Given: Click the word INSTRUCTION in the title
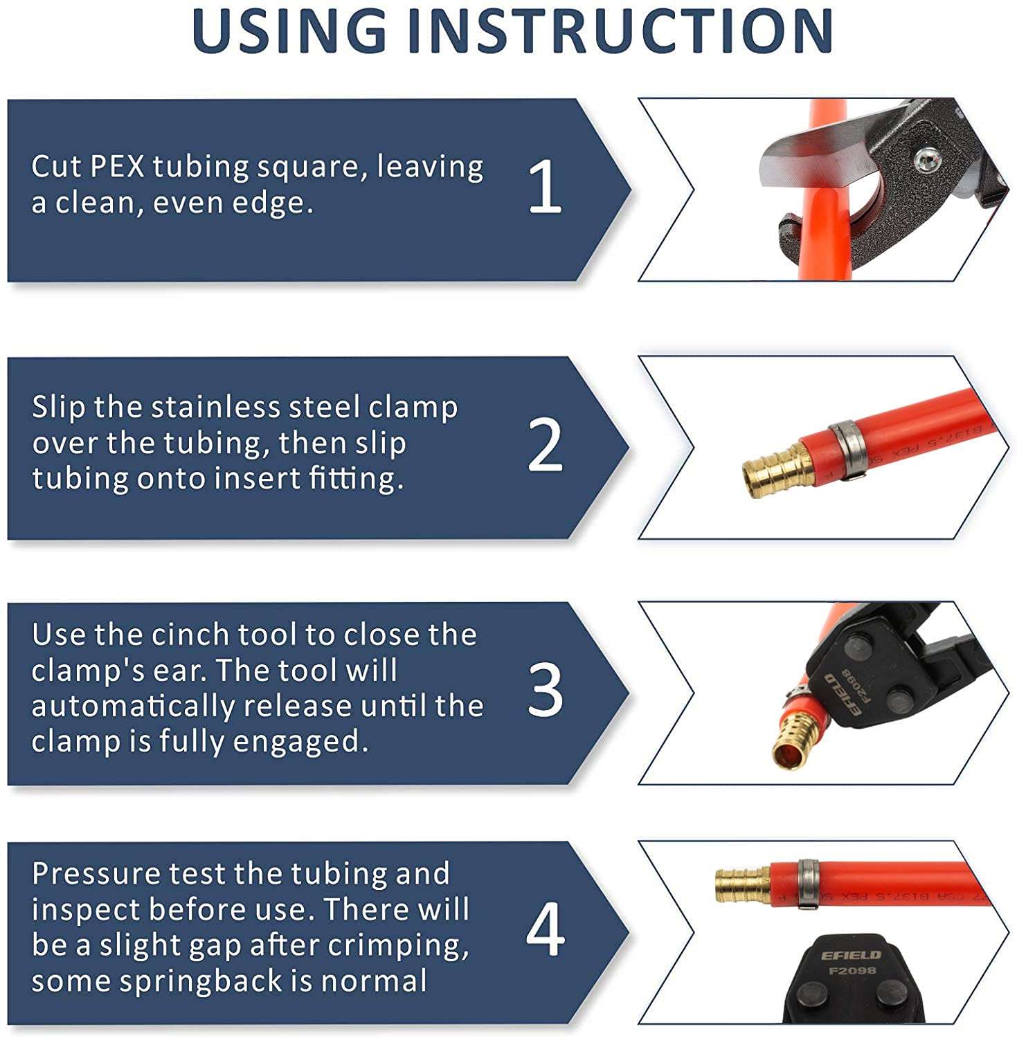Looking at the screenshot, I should coord(620,30).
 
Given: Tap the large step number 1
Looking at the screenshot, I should coord(545,187).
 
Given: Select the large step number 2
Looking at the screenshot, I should coord(545,446).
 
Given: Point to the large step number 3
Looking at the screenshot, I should coord(545,691).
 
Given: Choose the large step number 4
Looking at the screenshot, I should coord(545,931).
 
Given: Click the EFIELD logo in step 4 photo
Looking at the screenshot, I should coord(851,955).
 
